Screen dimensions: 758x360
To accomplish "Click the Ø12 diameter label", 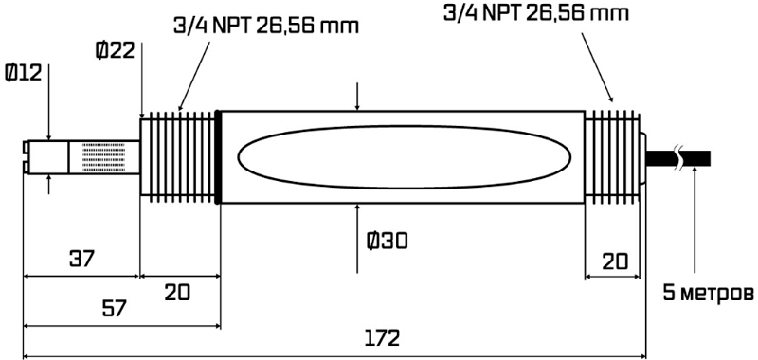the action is (x=23, y=74).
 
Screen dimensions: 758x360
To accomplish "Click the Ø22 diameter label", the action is (x=115, y=50).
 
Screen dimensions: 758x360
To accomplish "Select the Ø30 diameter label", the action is (x=388, y=241).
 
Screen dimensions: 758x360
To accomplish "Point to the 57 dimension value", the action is (x=114, y=308).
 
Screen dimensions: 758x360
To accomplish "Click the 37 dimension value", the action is (x=81, y=259).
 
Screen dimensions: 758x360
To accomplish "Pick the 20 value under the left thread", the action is (x=177, y=292).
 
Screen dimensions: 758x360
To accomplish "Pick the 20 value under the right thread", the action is (x=615, y=261).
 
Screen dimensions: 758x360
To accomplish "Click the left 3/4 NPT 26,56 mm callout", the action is (x=266, y=26).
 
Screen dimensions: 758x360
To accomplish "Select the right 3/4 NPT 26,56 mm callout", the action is (x=536, y=12).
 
